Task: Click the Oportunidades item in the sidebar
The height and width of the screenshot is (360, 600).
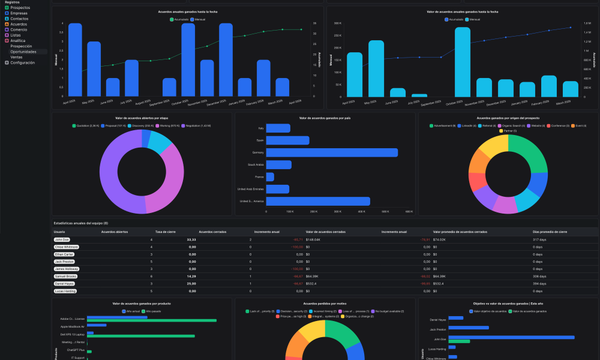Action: tap(23, 52)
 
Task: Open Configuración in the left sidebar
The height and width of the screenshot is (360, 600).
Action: tap(22, 62)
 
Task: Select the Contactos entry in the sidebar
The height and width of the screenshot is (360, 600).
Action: tap(19, 19)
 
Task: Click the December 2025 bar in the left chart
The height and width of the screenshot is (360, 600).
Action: tap(226, 60)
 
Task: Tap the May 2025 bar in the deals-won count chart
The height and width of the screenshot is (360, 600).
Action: tap(94, 68)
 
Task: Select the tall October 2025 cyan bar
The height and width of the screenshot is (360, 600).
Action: tap(462, 62)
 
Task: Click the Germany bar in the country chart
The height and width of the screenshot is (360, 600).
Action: tap(332, 152)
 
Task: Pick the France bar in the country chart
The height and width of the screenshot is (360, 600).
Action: tap(270, 177)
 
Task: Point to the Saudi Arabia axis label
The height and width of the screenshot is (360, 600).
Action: tap(256, 164)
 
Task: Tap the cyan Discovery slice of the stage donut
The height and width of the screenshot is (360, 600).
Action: tap(158, 142)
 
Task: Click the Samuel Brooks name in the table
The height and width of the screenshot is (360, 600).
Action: tap(66, 276)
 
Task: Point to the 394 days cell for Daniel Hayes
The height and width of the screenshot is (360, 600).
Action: tap(540, 283)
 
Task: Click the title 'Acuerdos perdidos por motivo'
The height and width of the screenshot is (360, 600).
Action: tap(325, 304)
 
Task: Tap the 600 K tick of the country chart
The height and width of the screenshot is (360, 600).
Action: tap(409, 211)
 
